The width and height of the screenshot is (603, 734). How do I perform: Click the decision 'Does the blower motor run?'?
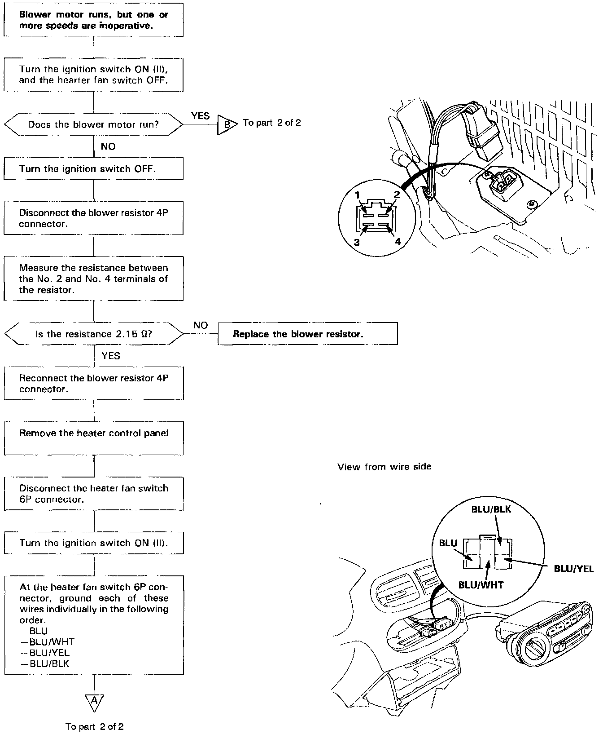coord(93,124)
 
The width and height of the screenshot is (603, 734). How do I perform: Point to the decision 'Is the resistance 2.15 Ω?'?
coord(93,334)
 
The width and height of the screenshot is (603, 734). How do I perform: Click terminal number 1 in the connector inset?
coord(358,195)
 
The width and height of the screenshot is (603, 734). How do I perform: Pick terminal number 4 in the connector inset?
coord(398,241)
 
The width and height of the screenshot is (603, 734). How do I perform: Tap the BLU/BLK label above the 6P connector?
coord(491,509)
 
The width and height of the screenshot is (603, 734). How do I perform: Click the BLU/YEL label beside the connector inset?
coord(573,569)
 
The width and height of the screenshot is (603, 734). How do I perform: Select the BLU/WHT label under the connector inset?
coord(481,585)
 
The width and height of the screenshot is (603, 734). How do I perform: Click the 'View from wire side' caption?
coord(384,467)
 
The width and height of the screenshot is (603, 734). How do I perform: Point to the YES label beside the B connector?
coord(200,116)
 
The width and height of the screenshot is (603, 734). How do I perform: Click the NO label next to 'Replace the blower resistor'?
coord(200,325)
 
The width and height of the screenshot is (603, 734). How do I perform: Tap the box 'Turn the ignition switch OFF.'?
coord(93,169)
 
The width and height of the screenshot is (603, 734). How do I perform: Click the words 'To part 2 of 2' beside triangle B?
coord(271,123)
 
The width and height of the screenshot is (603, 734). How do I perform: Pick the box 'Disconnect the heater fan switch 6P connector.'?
coord(93,494)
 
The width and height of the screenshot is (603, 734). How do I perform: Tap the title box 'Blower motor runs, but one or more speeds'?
coord(93,20)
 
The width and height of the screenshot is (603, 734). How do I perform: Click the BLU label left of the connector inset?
coord(448,543)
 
